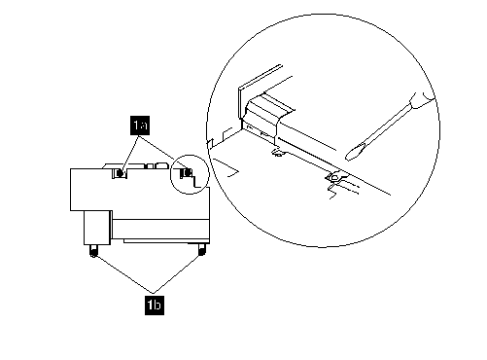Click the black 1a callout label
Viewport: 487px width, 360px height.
(140, 125)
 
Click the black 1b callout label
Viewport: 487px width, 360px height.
(155, 305)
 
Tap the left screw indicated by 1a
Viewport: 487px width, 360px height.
(120, 173)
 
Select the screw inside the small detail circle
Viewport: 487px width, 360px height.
(186, 173)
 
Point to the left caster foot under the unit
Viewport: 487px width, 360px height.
(93, 251)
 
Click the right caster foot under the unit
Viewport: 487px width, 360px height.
(201, 249)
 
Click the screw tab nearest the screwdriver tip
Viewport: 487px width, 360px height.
(335, 177)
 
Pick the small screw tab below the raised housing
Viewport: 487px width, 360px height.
(277, 152)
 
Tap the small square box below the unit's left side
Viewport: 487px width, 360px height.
(97, 228)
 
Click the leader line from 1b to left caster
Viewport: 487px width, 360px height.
(123, 272)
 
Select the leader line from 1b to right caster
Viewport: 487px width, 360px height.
(178, 270)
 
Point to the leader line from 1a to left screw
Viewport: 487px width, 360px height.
(129, 153)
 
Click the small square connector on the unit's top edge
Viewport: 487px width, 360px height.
(150, 166)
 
